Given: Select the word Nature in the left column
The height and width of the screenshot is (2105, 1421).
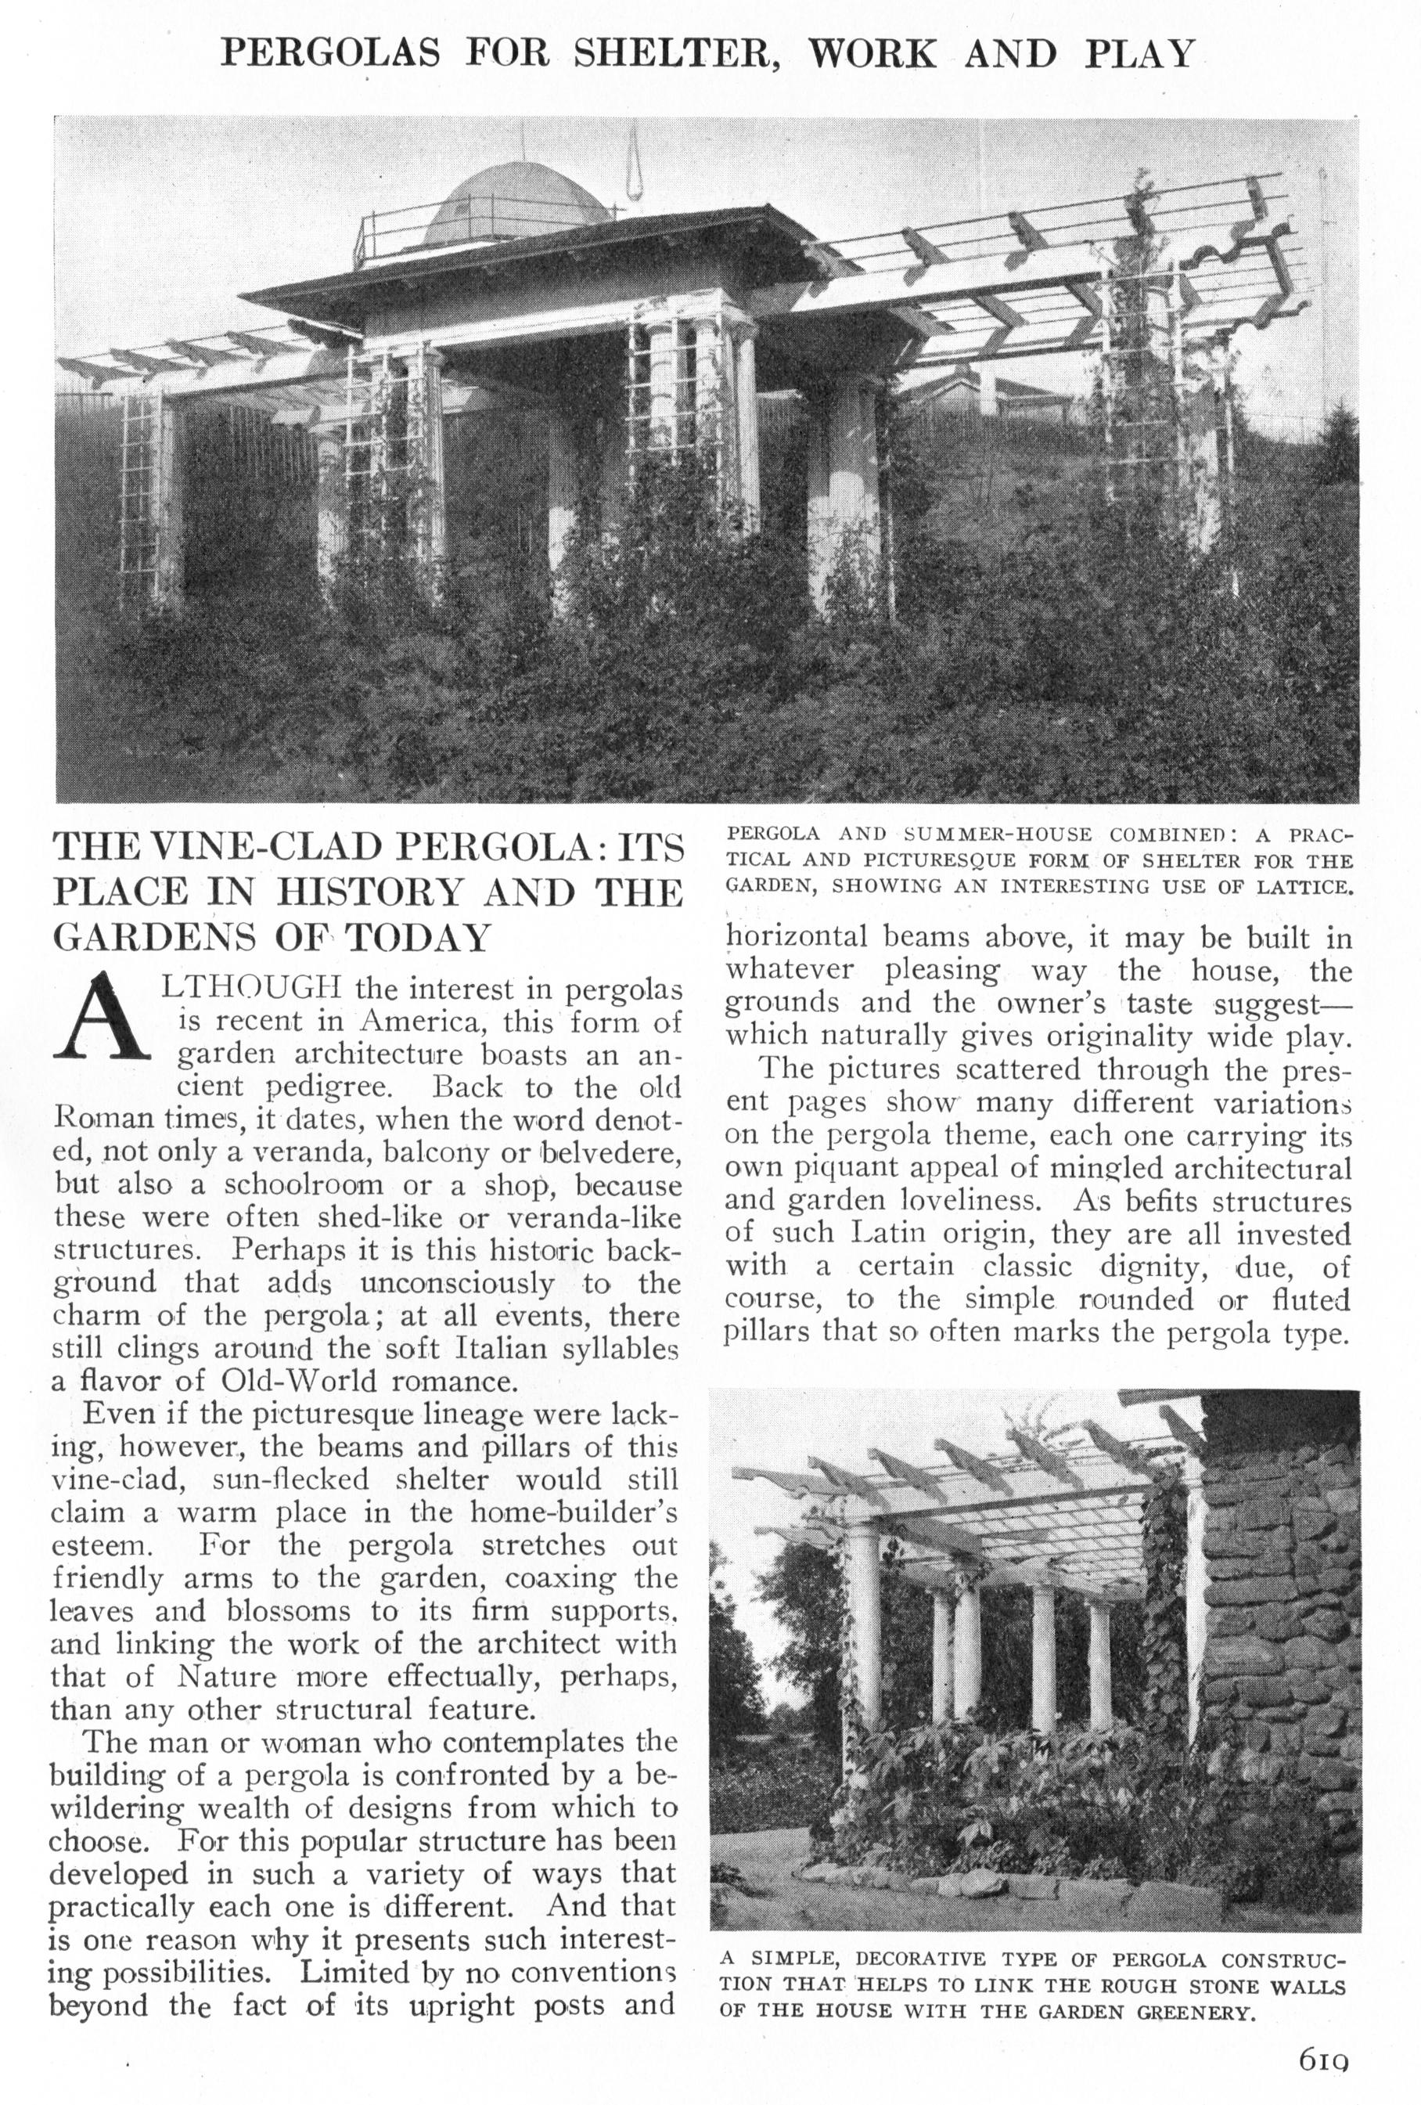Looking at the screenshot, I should [226, 1677].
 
